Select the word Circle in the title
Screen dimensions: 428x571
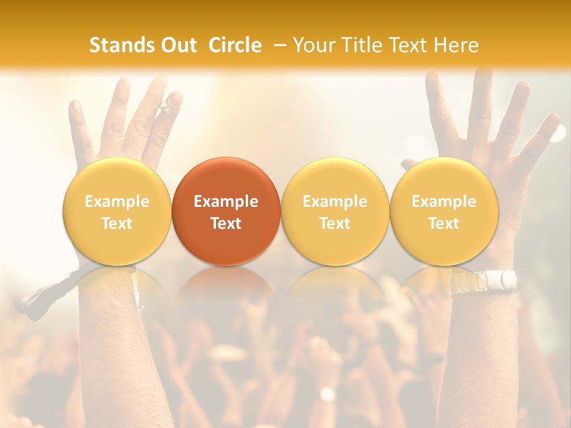point(235,45)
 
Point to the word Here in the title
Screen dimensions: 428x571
point(456,45)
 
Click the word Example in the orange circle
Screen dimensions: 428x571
point(226,202)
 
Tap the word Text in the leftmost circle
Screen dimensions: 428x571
point(117,224)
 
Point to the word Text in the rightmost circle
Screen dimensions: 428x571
point(444,224)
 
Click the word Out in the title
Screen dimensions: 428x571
point(178,45)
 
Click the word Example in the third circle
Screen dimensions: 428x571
point(335,202)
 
